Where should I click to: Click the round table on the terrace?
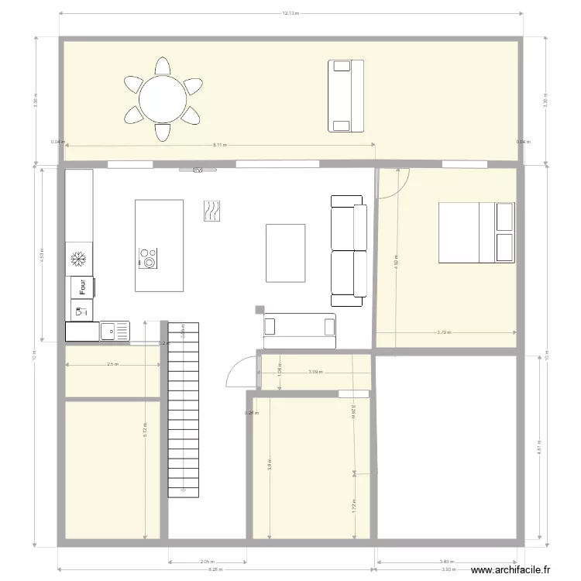(x=163, y=98)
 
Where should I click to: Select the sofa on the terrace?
(x=346, y=95)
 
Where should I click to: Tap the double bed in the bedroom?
(x=476, y=232)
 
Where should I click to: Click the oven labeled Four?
(x=81, y=287)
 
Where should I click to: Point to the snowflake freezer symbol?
(x=77, y=259)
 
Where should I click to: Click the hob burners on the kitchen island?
(x=147, y=258)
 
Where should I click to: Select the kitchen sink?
(x=114, y=332)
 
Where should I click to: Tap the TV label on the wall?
(x=198, y=169)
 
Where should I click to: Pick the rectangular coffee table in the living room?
(x=286, y=253)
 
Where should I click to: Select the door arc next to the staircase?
(x=240, y=370)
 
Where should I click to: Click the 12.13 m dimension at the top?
(x=290, y=13)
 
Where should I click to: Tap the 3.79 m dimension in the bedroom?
(x=444, y=332)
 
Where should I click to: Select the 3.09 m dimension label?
(x=314, y=372)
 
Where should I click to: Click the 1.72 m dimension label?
(x=354, y=505)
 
